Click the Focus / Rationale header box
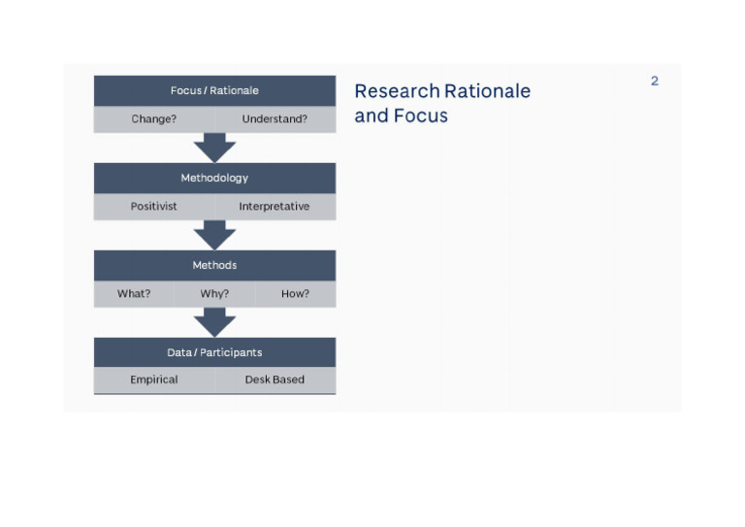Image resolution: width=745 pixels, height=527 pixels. (214, 90)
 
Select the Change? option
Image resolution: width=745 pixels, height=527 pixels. (154, 119)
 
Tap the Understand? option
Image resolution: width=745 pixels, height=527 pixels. (275, 119)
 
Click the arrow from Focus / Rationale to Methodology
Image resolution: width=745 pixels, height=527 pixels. (214, 148)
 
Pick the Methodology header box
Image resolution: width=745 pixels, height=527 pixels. (214, 178)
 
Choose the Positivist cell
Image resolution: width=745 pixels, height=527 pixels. (154, 207)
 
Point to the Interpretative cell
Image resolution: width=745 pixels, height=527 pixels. (275, 207)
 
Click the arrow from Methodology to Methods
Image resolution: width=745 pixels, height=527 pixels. (214, 235)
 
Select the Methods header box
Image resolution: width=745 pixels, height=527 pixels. (214, 265)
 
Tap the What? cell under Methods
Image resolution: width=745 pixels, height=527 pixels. (134, 294)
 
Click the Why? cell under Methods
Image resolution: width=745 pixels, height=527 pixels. (214, 294)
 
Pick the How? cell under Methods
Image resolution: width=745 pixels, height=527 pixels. (295, 294)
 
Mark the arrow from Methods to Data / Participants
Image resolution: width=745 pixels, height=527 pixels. (214, 322)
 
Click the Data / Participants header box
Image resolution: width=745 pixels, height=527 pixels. (214, 352)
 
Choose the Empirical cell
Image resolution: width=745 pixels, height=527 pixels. (154, 379)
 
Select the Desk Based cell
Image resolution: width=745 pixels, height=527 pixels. (275, 379)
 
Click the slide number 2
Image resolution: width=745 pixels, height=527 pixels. (655, 82)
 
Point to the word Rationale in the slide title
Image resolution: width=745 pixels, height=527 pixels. (487, 91)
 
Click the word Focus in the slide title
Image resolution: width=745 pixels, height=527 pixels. (421, 116)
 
